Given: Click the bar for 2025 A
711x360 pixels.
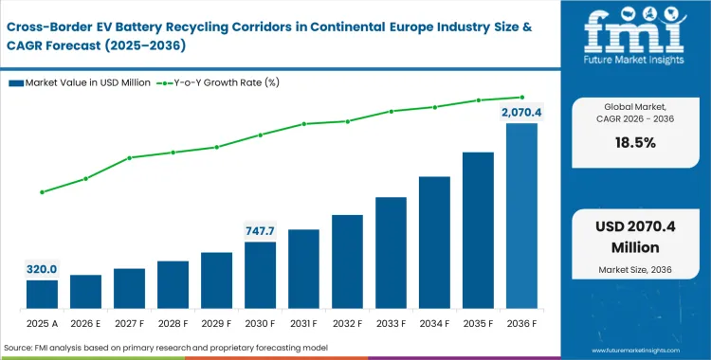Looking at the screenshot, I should click(41, 295).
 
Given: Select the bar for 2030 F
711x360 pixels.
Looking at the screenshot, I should click(260, 276).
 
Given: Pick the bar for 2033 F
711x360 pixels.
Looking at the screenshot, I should click(391, 253).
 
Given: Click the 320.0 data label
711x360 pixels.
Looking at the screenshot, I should click(41, 269).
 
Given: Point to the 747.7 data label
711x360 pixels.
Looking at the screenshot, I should click(260, 230).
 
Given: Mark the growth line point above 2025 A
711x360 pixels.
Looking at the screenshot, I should click(41, 192).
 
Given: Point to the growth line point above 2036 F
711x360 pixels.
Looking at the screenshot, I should click(522, 97).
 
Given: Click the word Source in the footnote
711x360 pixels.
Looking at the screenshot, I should click(21, 349).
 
